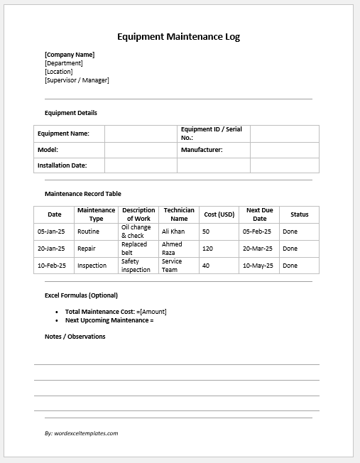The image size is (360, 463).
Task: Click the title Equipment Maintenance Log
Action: pyautogui.click(x=183, y=37)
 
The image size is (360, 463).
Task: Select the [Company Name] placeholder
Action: pyautogui.click(x=70, y=55)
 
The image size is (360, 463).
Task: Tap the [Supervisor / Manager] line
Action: pyautogui.click(x=77, y=80)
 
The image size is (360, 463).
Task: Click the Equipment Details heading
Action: pyautogui.click(x=71, y=113)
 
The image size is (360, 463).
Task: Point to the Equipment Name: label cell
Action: pyautogui.click(x=63, y=134)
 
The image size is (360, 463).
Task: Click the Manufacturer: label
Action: pyautogui.click(x=202, y=150)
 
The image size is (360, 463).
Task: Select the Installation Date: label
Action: pyautogui.click(x=62, y=165)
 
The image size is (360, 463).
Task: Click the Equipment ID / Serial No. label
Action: pyautogui.click(x=212, y=133)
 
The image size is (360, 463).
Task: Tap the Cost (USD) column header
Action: pyautogui.click(x=219, y=214)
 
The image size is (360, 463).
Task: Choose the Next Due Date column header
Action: pyautogui.click(x=259, y=214)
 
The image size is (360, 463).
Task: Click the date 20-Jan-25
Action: pyautogui.click(x=51, y=249)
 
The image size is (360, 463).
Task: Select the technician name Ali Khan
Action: pyautogui.click(x=173, y=231)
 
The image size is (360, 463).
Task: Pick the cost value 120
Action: pyautogui.click(x=207, y=249)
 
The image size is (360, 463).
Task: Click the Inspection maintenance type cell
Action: pyautogui.click(x=92, y=266)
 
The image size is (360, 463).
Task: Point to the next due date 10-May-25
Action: pyautogui.click(x=258, y=266)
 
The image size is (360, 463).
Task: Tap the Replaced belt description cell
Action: pyautogui.click(x=134, y=249)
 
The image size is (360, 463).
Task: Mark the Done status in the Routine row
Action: pyautogui.click(x=290, y=231)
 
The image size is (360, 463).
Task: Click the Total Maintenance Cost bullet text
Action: pyautogui.click(x=116, y=312)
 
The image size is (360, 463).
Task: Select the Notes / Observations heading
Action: pyautogui.click(x=75, y=337)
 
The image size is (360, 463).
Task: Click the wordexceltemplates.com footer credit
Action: pyautogui.click(x=82, y=432)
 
